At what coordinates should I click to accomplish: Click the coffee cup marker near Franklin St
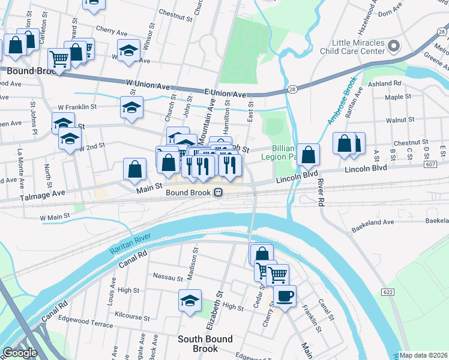[x=285, y=296]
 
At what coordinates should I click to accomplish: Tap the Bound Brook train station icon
[x=218, y=193]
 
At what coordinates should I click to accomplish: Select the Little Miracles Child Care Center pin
[x=394, y=46]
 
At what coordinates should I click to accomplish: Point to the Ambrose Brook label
[x=342, y=100]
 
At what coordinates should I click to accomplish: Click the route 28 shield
[x=292, y=90]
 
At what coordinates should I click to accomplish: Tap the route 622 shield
[x=387, y=292]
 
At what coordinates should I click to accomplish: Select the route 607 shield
[x=442, y=164]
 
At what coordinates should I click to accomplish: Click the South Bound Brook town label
[x=205, y=344]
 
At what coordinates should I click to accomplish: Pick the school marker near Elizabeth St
[x=190, y=301]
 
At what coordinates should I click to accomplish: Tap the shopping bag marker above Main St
[x=135, y=169]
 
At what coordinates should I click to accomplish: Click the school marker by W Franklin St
[x=131, y=107]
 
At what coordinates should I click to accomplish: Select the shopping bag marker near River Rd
[x=308, y=155]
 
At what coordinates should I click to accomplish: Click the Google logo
[x=20, y=353]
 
